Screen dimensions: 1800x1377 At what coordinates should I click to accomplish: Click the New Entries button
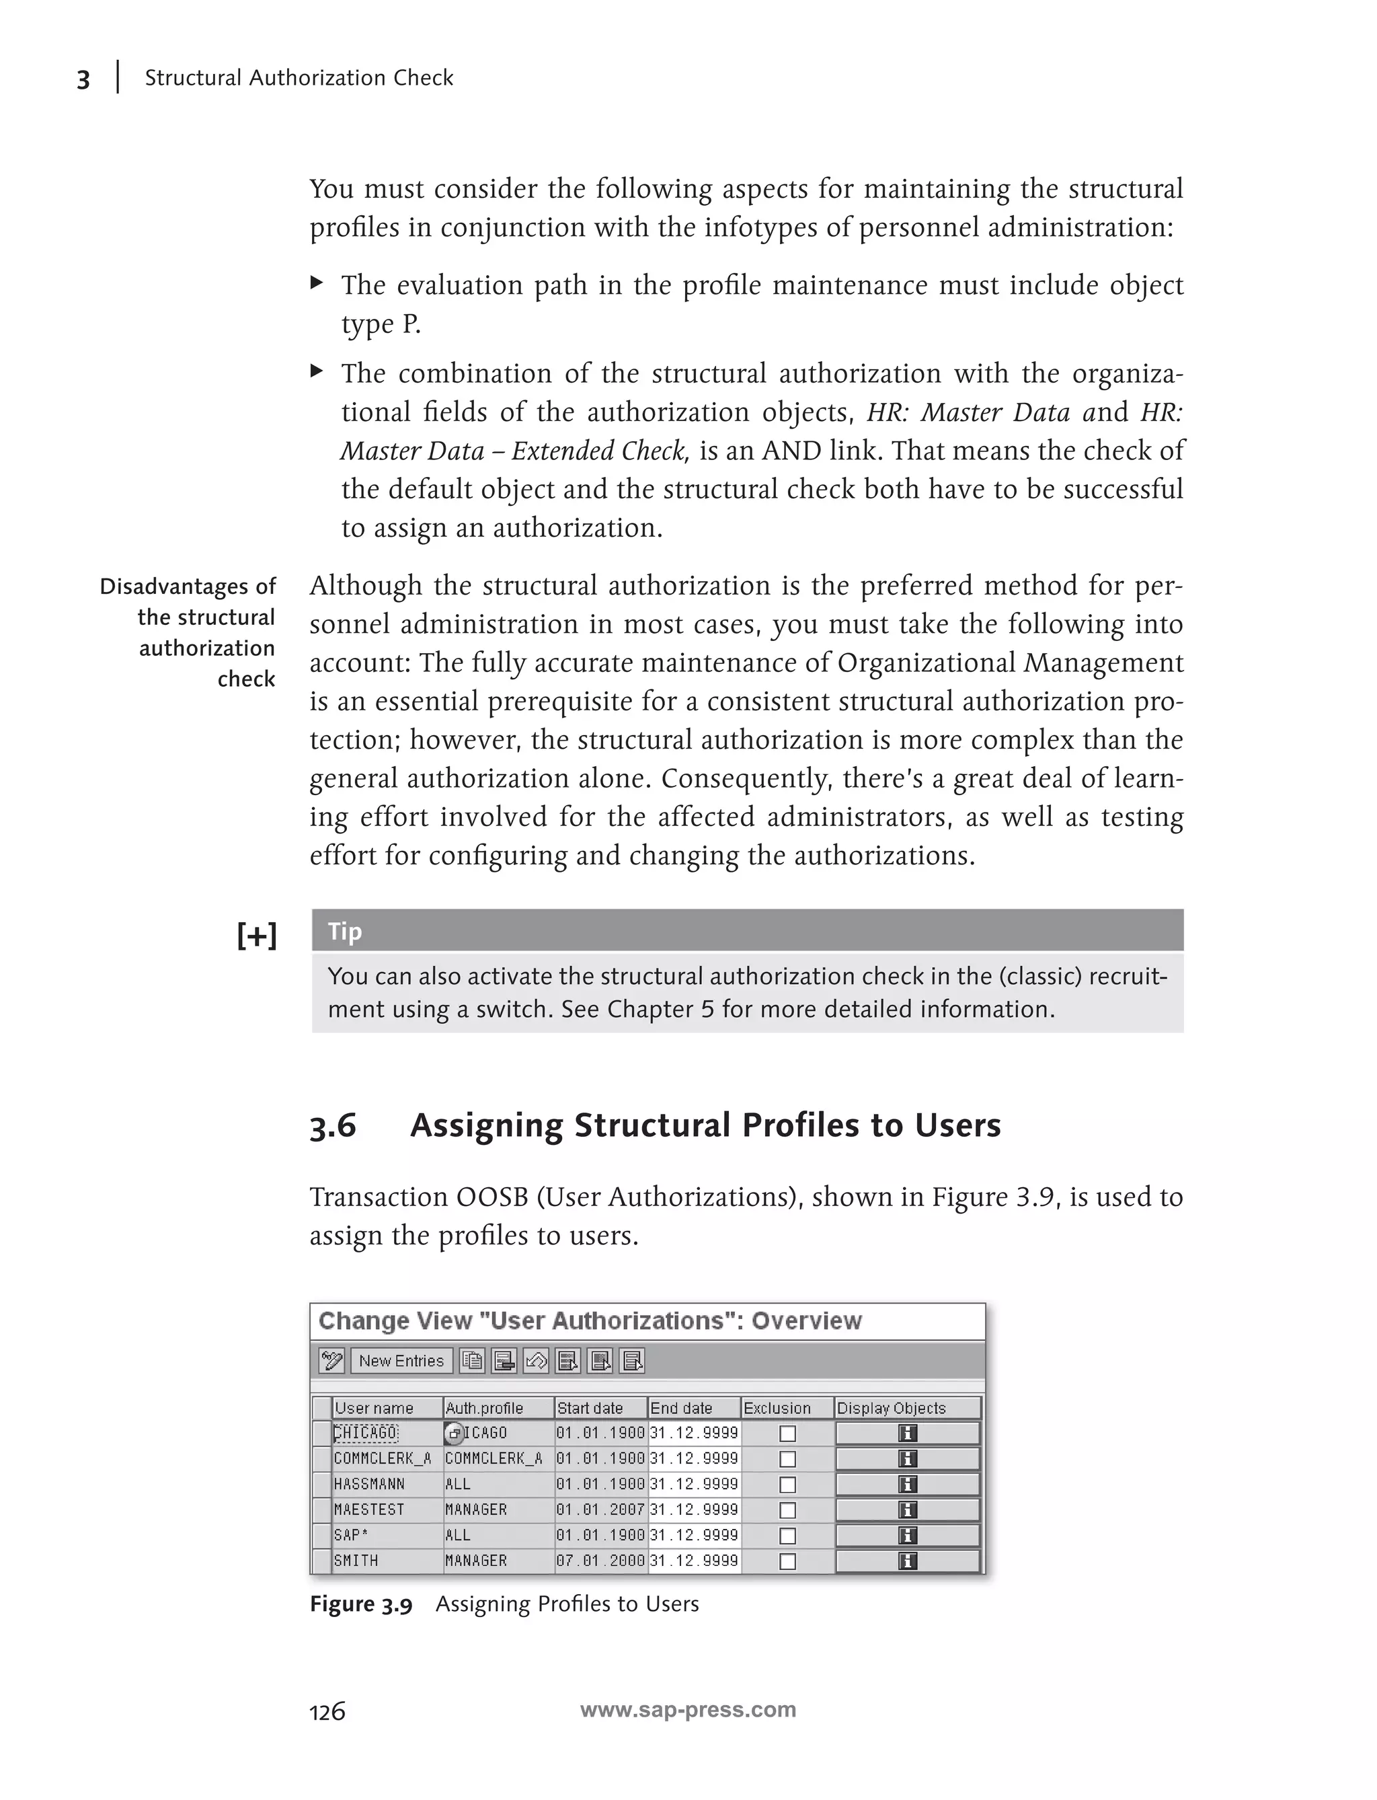click(x=401, y=1361)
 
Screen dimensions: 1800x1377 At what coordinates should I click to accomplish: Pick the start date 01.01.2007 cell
click(x=600, y=1509)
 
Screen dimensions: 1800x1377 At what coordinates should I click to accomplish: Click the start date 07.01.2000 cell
click(x=600, y=1561)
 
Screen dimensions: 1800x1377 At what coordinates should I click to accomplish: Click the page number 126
click(x=327, y=1711)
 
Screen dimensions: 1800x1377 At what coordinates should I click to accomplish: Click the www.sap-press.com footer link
click(x=688, y=1710)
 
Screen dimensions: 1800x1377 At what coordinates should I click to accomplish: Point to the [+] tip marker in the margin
click(x=257, y=935)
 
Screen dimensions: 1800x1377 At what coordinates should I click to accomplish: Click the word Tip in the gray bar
click(x=344, y=932)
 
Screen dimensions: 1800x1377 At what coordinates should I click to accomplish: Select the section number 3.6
click(x=333, y=1126)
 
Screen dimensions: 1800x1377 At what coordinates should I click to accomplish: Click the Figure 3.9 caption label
click(x=360, y=1605)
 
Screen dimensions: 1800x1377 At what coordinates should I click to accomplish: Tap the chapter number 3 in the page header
click(x=83, y=79)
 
